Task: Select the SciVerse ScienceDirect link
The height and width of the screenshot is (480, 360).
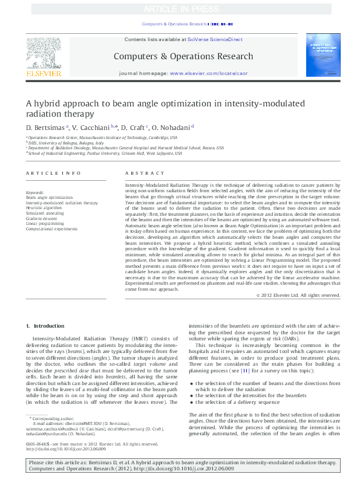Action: click(215, 39)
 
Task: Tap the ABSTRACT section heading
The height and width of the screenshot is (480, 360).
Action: click(137, 173)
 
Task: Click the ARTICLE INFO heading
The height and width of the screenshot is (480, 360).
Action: click(53, 173)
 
